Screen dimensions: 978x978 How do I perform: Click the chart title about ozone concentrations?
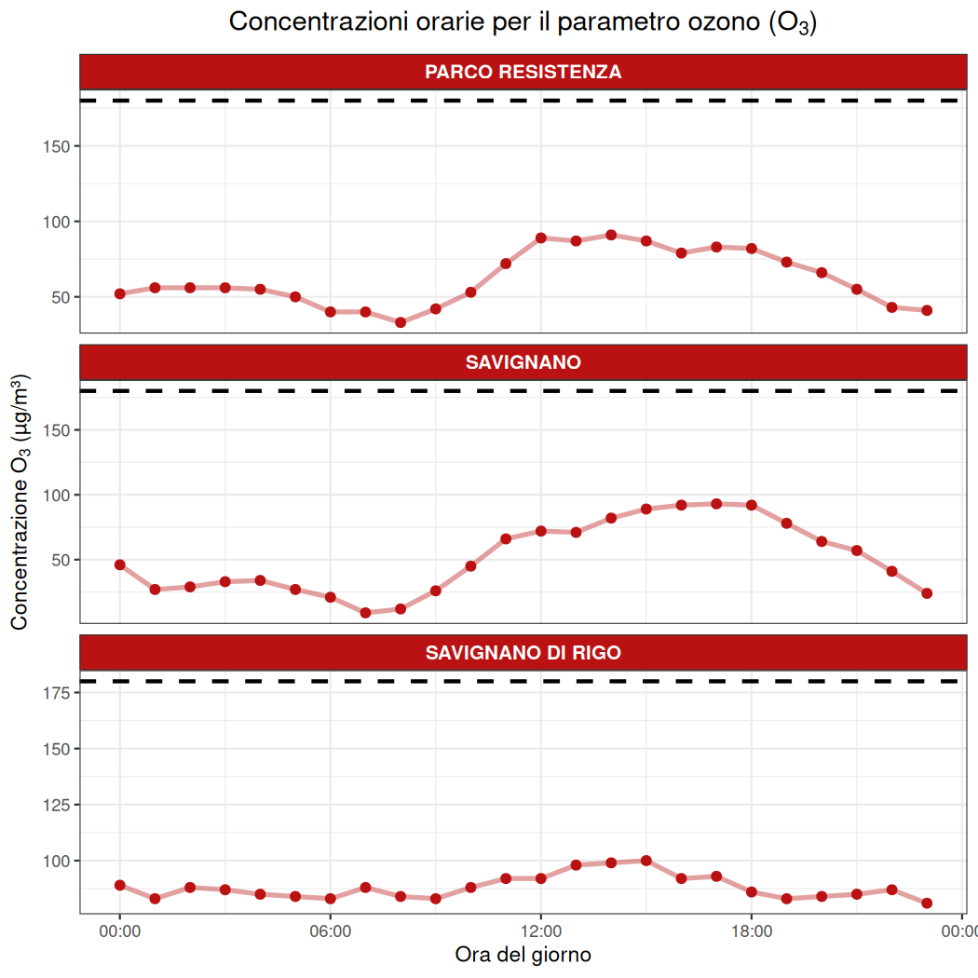click(x=523, y=22)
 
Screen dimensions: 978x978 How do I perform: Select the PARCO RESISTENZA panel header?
click(x=523, y=72)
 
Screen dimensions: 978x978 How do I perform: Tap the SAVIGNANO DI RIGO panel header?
click(x=523, y=653)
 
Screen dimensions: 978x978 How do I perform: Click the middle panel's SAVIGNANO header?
click(x=523, y=362)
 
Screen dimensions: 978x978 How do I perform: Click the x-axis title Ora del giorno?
click(x=523, y=955)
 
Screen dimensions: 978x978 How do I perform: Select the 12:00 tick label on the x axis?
click(x=541, y=930)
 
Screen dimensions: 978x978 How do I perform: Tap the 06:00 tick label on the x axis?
click(x=330, y=930)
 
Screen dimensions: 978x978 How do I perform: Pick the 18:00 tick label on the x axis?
click(x=752, y=930)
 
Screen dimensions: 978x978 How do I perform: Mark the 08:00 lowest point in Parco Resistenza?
click(x=401, y=322)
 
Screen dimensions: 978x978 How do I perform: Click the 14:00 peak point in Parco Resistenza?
click(x=611, y=235)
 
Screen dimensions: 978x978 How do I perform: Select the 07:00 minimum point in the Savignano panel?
click(x=365, y=613)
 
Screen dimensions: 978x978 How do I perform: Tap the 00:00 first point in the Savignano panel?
click(x=119, y=564)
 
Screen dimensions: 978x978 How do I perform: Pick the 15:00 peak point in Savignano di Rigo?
click(x=646, y=861)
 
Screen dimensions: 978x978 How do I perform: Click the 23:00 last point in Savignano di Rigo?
click(x=927, y=903)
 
